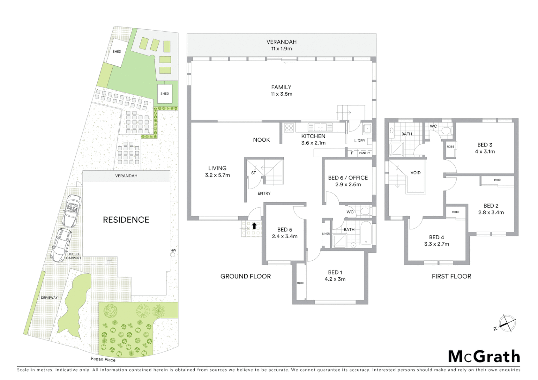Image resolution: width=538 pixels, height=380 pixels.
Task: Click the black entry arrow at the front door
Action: [x=254, y=226]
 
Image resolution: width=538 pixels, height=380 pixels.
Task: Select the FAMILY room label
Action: [x=281, y=87]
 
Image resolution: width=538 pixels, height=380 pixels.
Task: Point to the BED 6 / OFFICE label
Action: [x=348, y=178]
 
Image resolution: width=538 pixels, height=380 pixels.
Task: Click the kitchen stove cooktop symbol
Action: [x=289, y=127]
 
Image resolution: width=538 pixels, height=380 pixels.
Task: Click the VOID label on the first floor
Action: [x=415, y=173]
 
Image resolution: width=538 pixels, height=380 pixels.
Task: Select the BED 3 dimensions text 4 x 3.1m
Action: [x=485, y=152]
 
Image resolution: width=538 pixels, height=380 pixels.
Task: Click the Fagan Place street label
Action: [x=103, y=359]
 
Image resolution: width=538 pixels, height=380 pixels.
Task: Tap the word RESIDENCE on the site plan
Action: [x=126, y=220]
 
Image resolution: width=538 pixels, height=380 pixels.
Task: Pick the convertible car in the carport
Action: [x=72, y=210]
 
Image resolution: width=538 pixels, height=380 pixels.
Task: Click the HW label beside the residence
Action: [x=173, y=251]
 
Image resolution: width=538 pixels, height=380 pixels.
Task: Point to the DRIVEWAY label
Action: [x=49, y=298]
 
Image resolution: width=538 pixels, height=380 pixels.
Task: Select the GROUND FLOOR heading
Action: [x=245, y=277]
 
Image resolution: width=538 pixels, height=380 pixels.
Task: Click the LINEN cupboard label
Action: [x=326, y=234]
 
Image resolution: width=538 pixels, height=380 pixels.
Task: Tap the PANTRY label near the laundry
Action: [x=364, y=153]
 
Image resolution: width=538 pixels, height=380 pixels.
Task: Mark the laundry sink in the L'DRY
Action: [x=367, y=128]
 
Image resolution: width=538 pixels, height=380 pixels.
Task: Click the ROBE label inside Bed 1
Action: [x=300, y=283]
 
